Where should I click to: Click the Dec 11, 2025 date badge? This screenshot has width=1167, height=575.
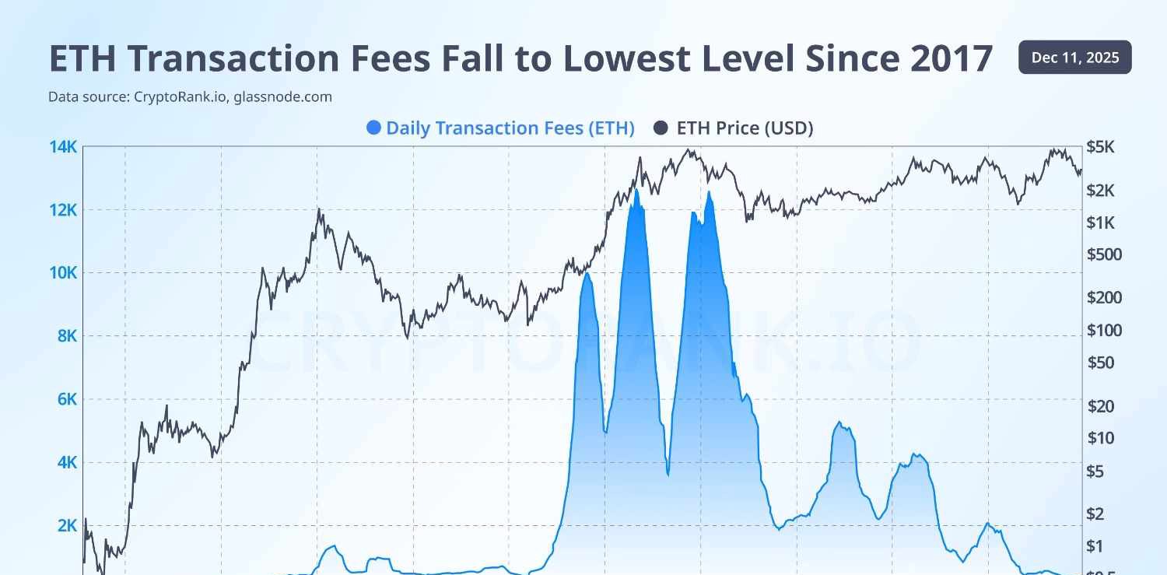pos(1074,58)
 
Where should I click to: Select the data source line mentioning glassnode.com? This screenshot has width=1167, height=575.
pos(190,97)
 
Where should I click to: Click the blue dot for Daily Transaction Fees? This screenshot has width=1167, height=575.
pos(373,128)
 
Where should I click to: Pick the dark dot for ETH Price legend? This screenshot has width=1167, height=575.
pos(661,128)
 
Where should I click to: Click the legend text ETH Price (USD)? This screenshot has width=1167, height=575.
pos(745,128)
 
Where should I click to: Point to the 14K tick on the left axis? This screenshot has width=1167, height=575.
pos(63,146)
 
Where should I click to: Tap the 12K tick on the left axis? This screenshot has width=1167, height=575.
pos(63,210)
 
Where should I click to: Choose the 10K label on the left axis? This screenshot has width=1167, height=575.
pos(63,273)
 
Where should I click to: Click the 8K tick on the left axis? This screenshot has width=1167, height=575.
pos(66,336)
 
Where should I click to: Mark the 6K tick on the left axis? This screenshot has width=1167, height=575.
pos(66,399)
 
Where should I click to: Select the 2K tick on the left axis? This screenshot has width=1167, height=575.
pos(66,526)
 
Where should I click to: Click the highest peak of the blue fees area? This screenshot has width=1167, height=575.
pos(636,189)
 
